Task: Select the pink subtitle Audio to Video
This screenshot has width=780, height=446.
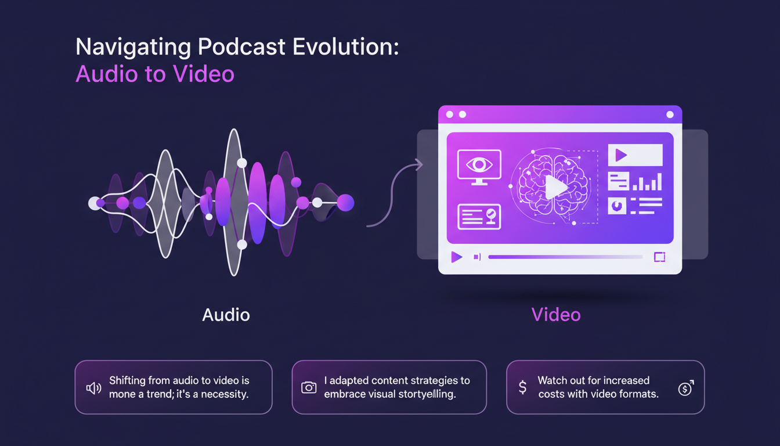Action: (155, 74)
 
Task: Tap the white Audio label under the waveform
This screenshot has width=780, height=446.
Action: (226, 315)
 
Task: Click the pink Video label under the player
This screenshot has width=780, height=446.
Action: (555, 315)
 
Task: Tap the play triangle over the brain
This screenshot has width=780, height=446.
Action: (555, 188)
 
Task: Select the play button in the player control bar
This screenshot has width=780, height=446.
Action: (457, 257)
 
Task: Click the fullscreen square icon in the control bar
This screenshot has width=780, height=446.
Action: (659, 257)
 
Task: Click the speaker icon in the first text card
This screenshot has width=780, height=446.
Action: (93, 388)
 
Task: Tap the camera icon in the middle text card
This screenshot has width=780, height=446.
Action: (309, 387)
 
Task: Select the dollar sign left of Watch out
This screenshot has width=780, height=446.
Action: (522, 387)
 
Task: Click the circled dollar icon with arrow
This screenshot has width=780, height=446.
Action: (685, 388)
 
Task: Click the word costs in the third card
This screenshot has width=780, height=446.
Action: (552, 394)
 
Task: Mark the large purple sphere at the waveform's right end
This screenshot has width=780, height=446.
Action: (345, 203)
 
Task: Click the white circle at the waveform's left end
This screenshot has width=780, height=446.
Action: (94, 203)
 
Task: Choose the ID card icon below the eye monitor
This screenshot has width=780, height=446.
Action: (479, 216)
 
